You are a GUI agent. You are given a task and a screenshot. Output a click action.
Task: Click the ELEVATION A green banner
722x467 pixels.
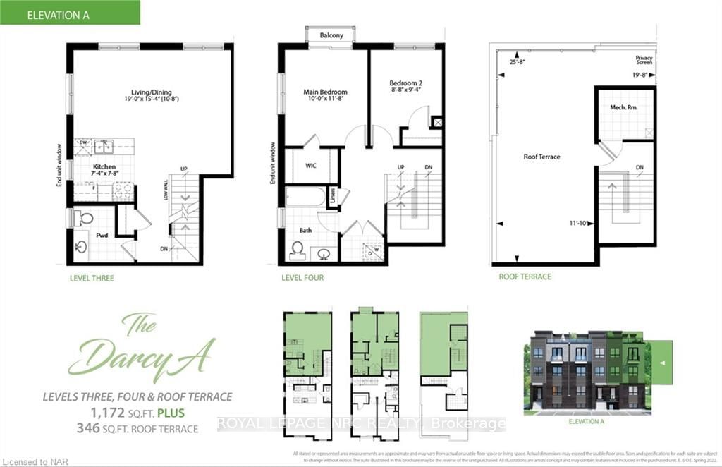pyautogui.click(x=70, y=12)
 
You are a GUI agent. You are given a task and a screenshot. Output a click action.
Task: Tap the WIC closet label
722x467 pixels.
pyautogui.click(x=310, y=166)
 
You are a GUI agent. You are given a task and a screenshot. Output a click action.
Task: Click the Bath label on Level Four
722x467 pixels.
pyautogui.click(x=305, y=230)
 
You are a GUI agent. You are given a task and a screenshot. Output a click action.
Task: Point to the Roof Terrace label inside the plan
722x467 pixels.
pyautogui.click(x=541, y=157)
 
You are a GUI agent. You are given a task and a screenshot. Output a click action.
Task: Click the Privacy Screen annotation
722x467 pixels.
pyautogui.click(x=644, y=60)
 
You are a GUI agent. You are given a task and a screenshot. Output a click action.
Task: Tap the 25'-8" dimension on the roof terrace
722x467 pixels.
pyautogui.click(x=518, y=61)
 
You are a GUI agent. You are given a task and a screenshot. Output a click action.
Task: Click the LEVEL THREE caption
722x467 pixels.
pyautogui.click(x=92, y=278)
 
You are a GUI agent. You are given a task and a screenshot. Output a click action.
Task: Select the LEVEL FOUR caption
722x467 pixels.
pyautogui.click(x=302, y=278)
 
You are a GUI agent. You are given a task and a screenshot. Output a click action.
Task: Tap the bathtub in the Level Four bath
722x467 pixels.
pyautogui.click(x=305, y=196)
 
